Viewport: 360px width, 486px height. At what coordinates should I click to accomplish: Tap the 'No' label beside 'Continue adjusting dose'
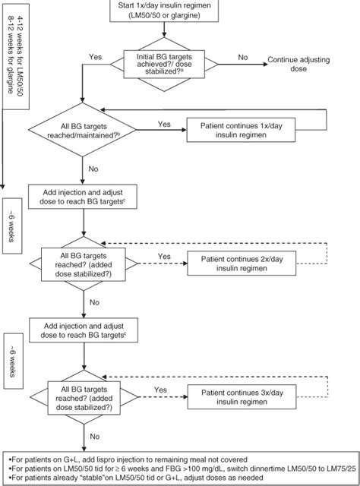(x=242, y=57)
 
